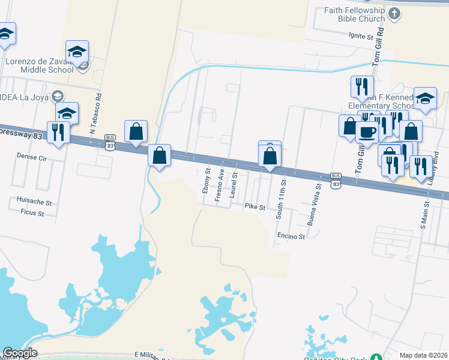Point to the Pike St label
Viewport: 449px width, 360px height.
(255, 206)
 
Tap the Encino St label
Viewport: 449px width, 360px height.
(291, 236)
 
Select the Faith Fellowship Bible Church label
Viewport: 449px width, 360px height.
(355, 14)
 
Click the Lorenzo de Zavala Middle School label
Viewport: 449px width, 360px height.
(40, 65)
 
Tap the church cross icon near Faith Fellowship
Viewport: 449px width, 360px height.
(394, 13)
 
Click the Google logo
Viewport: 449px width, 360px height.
(20, 353)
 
